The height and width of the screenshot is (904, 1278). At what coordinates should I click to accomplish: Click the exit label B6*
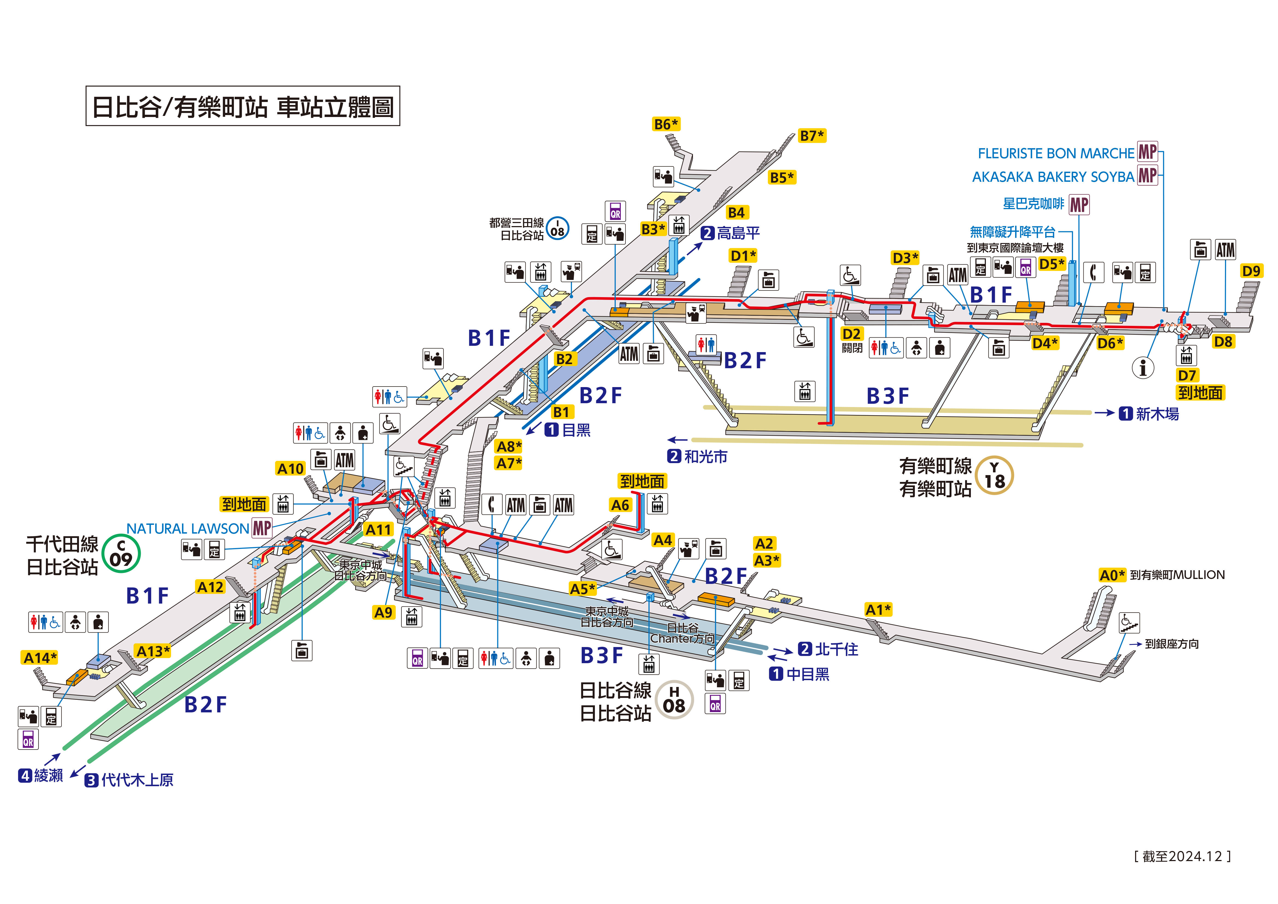click(x=666, y=124)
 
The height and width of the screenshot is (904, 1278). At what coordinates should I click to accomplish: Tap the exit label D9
click(x=1251, y=271)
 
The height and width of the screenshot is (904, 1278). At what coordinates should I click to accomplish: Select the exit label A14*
click(x=40, y=658)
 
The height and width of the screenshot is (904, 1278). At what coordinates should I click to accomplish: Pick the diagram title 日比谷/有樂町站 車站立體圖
click(x=243, y=106)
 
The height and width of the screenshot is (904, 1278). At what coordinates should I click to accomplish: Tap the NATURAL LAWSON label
click(x=187, y=529)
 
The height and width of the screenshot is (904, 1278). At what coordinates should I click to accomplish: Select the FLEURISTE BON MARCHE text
click(x=1055, y=153)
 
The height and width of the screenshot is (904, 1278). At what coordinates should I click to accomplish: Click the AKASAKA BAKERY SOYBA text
click(x=1053, y=177)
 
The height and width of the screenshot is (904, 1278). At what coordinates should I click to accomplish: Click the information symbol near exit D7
click(x=1143, y=368)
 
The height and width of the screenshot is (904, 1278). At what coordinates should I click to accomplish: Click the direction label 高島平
click(x=738, y=233)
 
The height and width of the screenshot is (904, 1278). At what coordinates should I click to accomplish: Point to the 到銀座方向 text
click(x=1171, y=644)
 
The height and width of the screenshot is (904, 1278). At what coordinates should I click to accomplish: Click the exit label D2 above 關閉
click(x=851, y=334)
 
